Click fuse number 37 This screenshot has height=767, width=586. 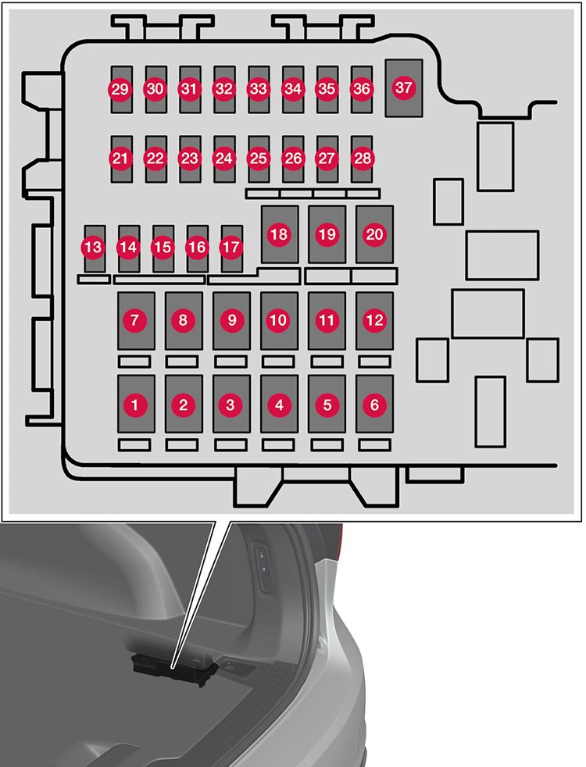[x=403, y=88]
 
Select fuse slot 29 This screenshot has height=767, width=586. [x=120, y=90]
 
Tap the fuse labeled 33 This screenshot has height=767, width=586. [x=258, y=90]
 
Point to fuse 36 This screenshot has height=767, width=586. [x=361, y=90]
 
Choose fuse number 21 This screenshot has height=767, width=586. [x=120, y=159]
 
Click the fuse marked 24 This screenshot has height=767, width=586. [x=223, y=159]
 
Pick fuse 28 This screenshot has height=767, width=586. [x=361, y=159]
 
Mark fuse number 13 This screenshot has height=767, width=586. [x=93, y=248]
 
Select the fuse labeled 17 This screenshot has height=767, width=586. [x=231, y=248]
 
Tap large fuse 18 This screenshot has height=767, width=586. [x=279, y=234]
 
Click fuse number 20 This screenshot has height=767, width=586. [x=375, y=234]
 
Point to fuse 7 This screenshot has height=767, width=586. [x=135, y=320]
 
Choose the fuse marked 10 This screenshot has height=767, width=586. [x=279, y=320]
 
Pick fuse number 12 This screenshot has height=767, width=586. [x=375, y=320]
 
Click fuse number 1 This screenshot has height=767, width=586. [x=135, y=405]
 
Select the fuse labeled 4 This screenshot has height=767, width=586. [x=279, y=405]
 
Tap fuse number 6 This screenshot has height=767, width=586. [x=375, y=405]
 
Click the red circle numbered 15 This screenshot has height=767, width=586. [x=163, y=248]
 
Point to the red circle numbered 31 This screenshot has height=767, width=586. [x=189, y=90]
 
